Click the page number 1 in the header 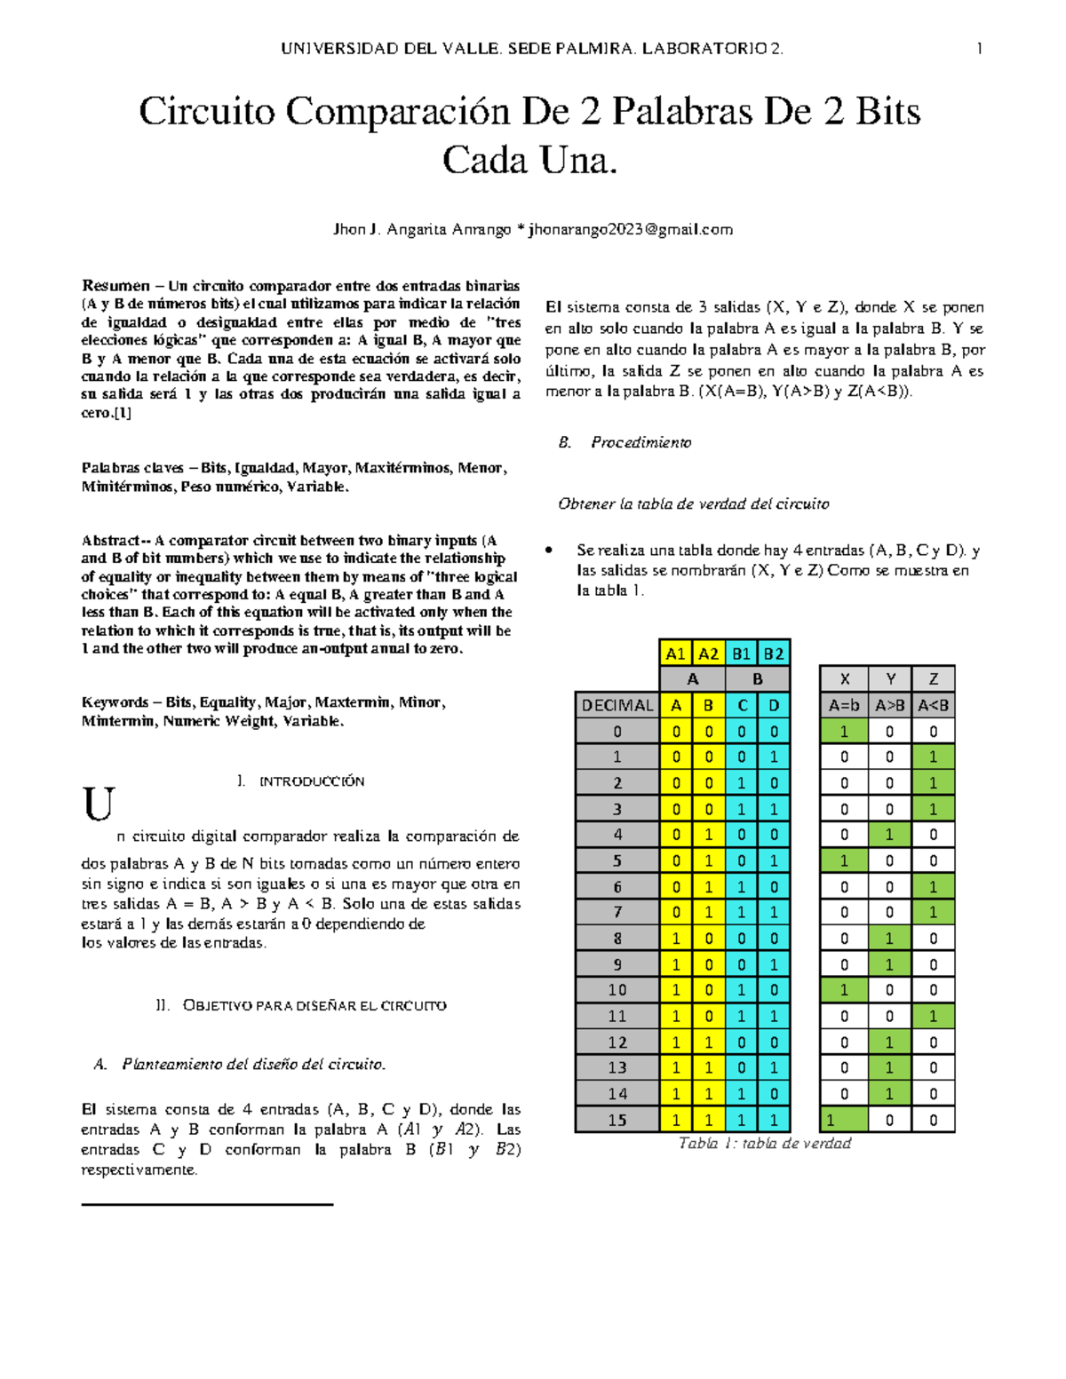[979, 49]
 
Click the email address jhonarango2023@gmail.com [631, 229]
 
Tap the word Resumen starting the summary [115, 286]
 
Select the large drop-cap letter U [99, 804]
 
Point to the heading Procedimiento [640, 442]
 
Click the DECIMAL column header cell [617, 705]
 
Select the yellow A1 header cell [675, 654]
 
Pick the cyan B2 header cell [774, 654]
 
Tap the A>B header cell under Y [890, 705]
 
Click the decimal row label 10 [617, 989]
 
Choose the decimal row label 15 [617, 1120]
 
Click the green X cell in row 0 [844, 731]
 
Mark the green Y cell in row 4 [890, 835]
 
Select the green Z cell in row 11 [934, 1016]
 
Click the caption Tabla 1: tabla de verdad [764, 1144]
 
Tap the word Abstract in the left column [111, 540]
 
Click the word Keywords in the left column [115, 702]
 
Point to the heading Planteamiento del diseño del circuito [253, 1064]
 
